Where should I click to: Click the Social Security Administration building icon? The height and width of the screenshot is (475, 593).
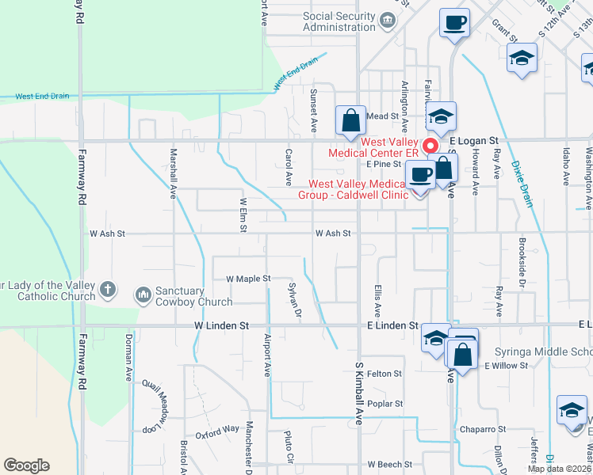[x=388, y=20]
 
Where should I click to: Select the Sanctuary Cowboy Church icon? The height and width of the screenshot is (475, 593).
[x=143, y=295]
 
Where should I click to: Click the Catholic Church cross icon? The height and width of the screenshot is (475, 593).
[x=109, y=291]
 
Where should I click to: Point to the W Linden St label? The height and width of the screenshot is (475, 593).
[x=222, y=325]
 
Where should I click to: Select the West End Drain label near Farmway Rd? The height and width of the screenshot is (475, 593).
[x=41, y=97]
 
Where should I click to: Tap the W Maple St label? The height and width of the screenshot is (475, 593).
[x=248, y=279]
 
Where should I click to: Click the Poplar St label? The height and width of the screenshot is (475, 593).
[x=385, y=404]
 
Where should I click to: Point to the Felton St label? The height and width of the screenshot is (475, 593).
[x=385, y=373]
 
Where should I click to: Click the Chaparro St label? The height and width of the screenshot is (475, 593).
[x=483, y=429]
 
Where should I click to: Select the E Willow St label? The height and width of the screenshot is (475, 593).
[x=506, y=365]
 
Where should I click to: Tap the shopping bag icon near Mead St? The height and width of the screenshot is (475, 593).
[x=350, y=121]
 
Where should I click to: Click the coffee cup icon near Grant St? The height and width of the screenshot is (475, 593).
[x=454, y=23]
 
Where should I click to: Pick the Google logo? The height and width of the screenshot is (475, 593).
[x=26, y=465]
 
